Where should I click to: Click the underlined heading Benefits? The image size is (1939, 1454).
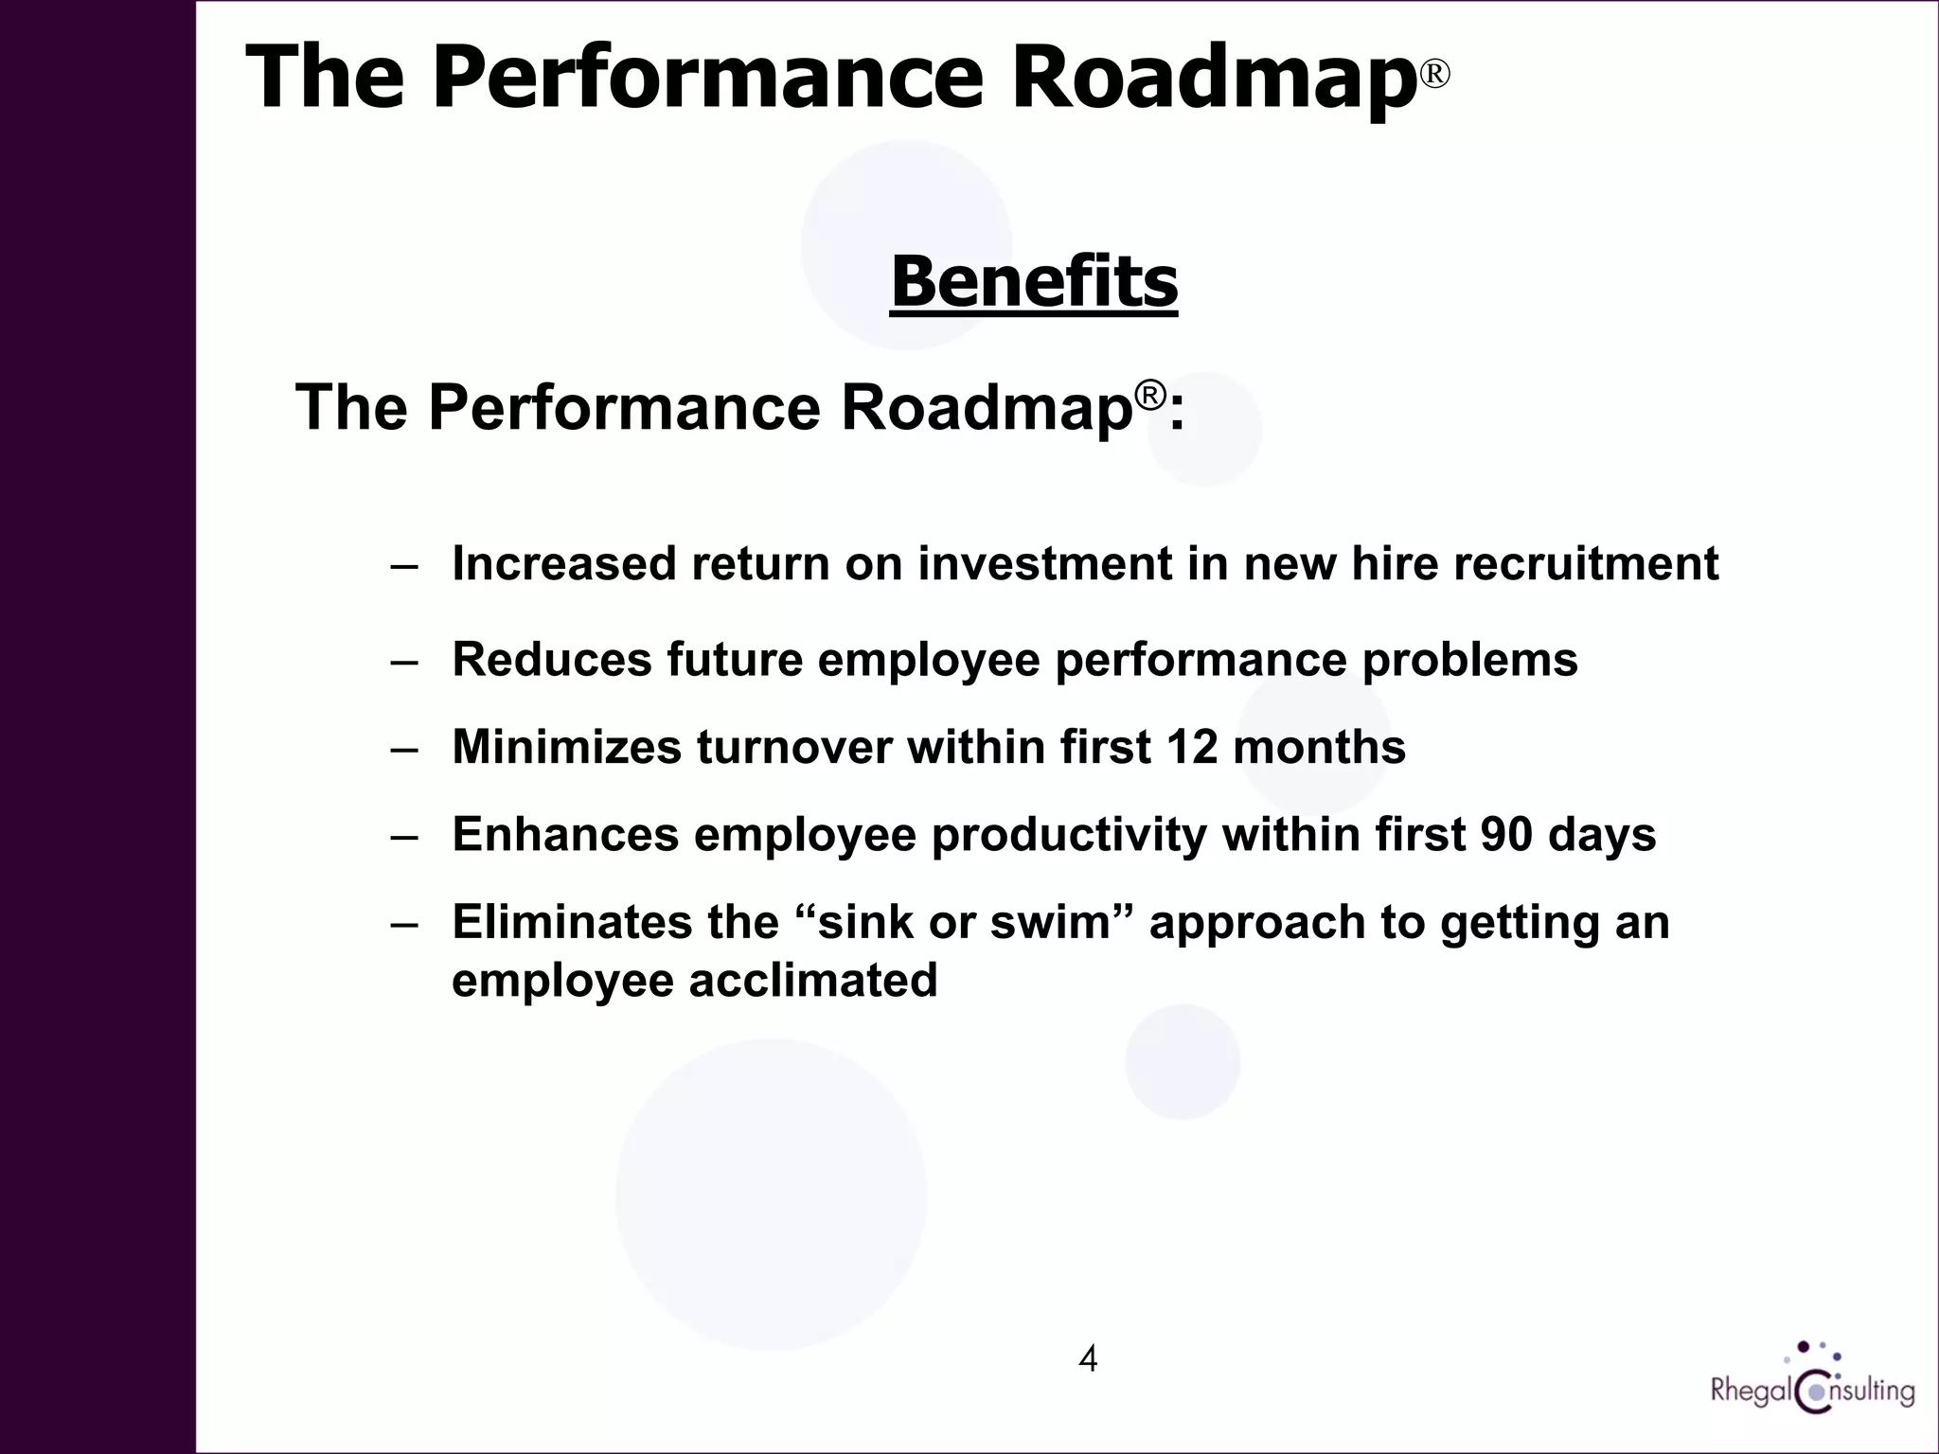coord(1034,282)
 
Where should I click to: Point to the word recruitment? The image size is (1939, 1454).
coord(1586,564)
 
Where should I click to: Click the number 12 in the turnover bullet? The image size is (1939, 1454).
coord(1191,747)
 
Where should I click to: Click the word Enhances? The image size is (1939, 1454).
coord(565,835)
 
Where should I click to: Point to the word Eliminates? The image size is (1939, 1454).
coord(572,922)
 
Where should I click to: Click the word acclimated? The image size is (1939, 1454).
coord(812,980)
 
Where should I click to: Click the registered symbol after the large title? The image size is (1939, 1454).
coord(1435,74)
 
